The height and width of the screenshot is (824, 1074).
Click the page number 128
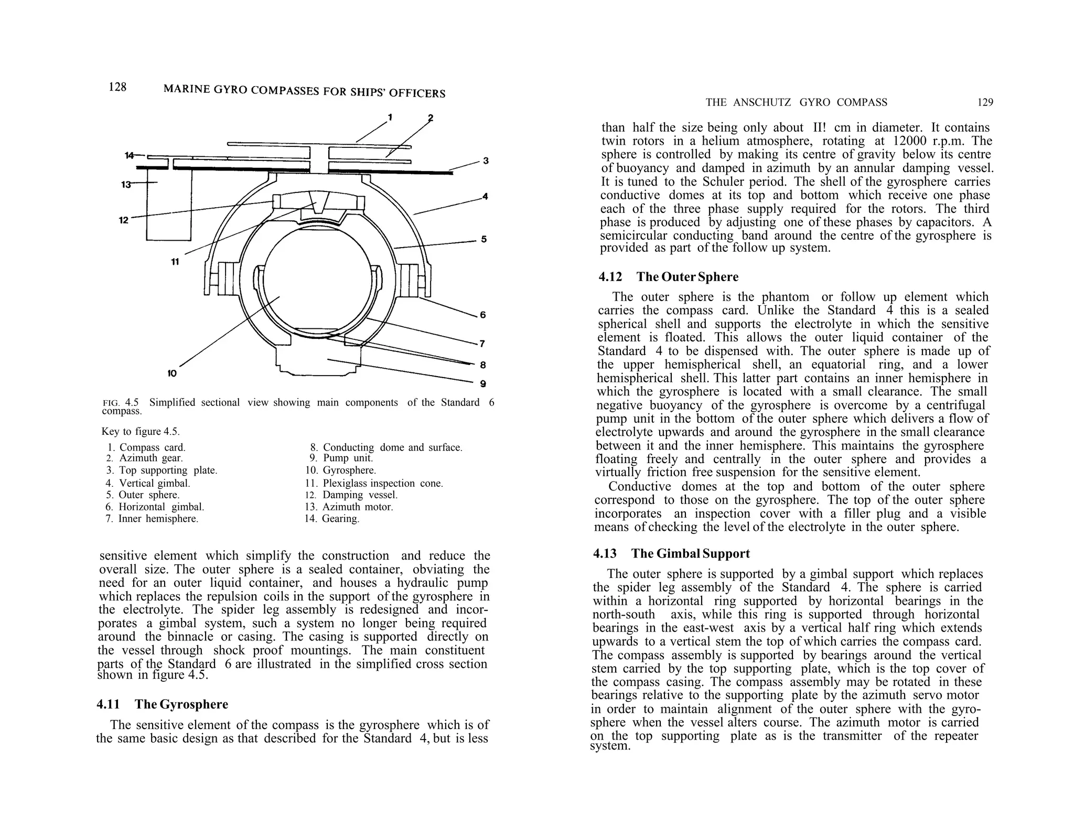(117, 87)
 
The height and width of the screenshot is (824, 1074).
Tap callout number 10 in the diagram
(172, 373)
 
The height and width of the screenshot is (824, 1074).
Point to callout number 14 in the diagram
(129, 155)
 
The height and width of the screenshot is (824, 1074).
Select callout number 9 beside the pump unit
(482, 384)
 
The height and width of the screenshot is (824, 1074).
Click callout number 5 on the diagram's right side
(484, 239)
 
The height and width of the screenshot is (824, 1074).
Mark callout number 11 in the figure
(175, 262)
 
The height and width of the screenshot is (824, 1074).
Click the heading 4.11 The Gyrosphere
(163, 704)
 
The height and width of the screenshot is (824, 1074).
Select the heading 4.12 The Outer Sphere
(669, 277)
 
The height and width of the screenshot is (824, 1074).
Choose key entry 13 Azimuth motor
(349, 507)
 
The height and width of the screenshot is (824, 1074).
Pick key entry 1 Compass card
(146, 447)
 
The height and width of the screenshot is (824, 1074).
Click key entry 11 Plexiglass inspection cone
(374, 483)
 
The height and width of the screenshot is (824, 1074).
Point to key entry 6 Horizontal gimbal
(155, 507)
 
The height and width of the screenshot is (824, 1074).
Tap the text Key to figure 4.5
(140, 432)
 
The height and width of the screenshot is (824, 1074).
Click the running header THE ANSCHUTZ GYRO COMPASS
(796, 102)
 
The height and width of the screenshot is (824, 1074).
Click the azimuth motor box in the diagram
(168, 205)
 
